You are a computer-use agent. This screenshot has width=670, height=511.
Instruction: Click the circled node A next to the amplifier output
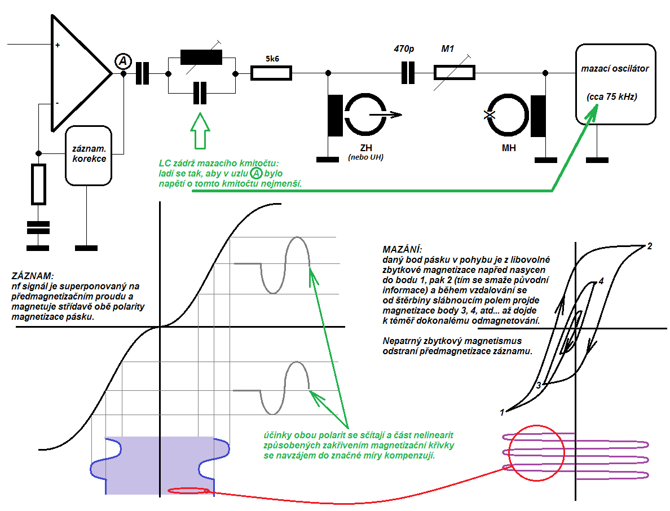(x=123, y=61)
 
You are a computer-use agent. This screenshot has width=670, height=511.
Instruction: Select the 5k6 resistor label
(x=271, y=58)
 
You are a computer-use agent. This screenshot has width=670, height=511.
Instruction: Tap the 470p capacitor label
(x=404, y=49)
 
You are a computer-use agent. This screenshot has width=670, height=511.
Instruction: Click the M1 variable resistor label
(x=447, y=49)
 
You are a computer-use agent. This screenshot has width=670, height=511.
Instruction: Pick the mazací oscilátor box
(x=615, y=83)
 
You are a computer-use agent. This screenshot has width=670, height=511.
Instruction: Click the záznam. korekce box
(x=89, y=155)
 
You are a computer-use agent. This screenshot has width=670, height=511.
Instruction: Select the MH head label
(x=508, y=148)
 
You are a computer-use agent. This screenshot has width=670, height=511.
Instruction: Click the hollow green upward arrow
(x=200, y=131)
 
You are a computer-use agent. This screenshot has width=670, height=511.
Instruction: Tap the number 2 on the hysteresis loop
(x=650, y=246)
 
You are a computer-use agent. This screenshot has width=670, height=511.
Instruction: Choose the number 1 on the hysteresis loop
(x=502, y=412)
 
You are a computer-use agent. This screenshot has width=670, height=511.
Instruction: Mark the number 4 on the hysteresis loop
(x=601, y=280)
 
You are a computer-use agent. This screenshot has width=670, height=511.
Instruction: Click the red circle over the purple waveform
(x=536, y=453)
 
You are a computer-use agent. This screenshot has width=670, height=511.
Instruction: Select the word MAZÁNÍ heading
(x=402, y=249)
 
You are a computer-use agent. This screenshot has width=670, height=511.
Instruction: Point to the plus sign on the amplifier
(x=58, y=45)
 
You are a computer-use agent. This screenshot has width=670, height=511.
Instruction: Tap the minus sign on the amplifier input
(x=57, y=103)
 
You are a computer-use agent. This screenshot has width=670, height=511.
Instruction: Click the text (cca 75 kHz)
(x=612, y=97)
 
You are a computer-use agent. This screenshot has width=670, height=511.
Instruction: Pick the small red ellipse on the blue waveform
(x=192, y=490)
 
